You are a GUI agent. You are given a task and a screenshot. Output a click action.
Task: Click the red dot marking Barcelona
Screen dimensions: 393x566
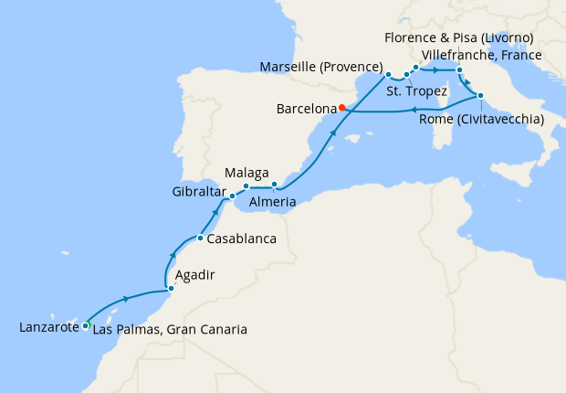(341, 108)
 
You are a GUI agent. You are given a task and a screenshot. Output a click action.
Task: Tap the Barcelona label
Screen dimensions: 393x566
(305, 109)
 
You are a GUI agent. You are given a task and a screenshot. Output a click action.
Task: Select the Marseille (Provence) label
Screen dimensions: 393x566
(320, 68)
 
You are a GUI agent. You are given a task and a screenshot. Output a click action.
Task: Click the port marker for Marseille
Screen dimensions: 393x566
(388, 74)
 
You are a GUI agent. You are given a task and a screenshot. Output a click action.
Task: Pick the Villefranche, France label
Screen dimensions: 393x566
(482, 55)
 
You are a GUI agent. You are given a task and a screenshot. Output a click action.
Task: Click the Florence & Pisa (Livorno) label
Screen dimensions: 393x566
(459, 37)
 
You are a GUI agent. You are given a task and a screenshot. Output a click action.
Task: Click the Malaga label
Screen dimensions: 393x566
(246, 172)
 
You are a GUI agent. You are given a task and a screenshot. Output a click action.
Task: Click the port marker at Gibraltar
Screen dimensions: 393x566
(232, 196)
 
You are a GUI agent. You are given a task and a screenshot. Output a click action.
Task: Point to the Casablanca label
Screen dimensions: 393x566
(242, 239)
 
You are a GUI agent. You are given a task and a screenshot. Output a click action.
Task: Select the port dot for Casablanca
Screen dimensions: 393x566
(200, 239)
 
